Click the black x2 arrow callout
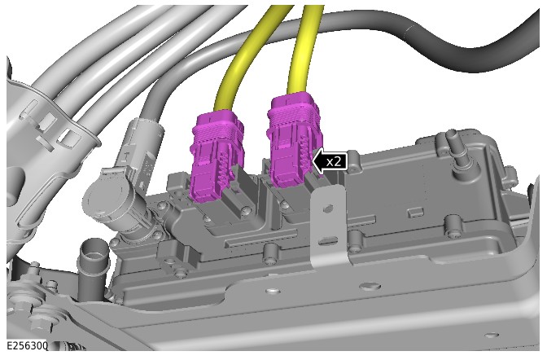click(x=330, y=161)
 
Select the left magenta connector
click(x=216, y=156)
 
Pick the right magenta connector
click(x=294, y=138)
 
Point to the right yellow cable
click(x=304, y=49)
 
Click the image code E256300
click(x=27, y=345)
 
